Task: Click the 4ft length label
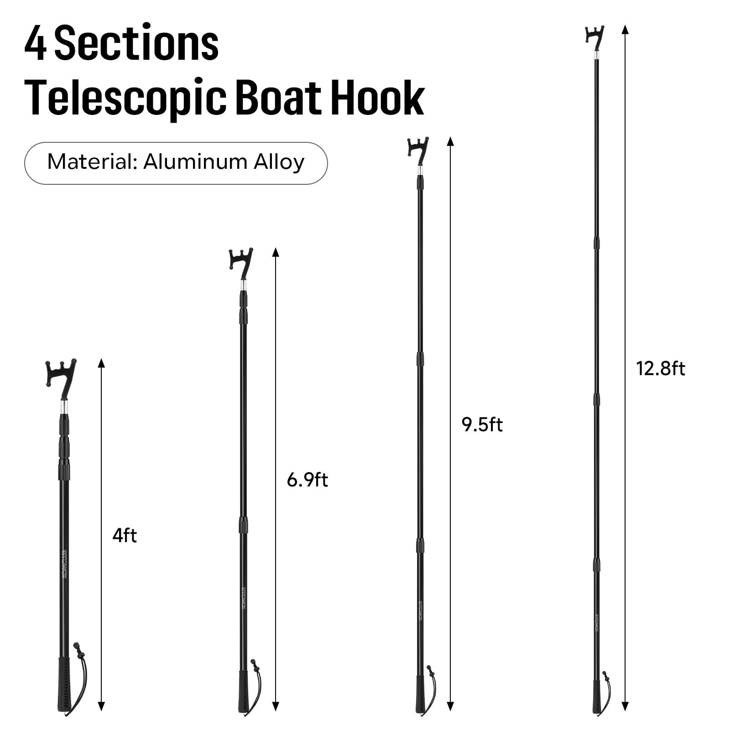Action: pos(125,535)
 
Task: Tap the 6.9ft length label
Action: pos(307,480)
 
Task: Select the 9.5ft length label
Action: pos(482,425)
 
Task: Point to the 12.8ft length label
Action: pos(660,369)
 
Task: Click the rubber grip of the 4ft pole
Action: pos(64,687)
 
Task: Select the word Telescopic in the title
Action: pos(125,98)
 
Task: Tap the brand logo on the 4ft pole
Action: pos(64,564)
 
